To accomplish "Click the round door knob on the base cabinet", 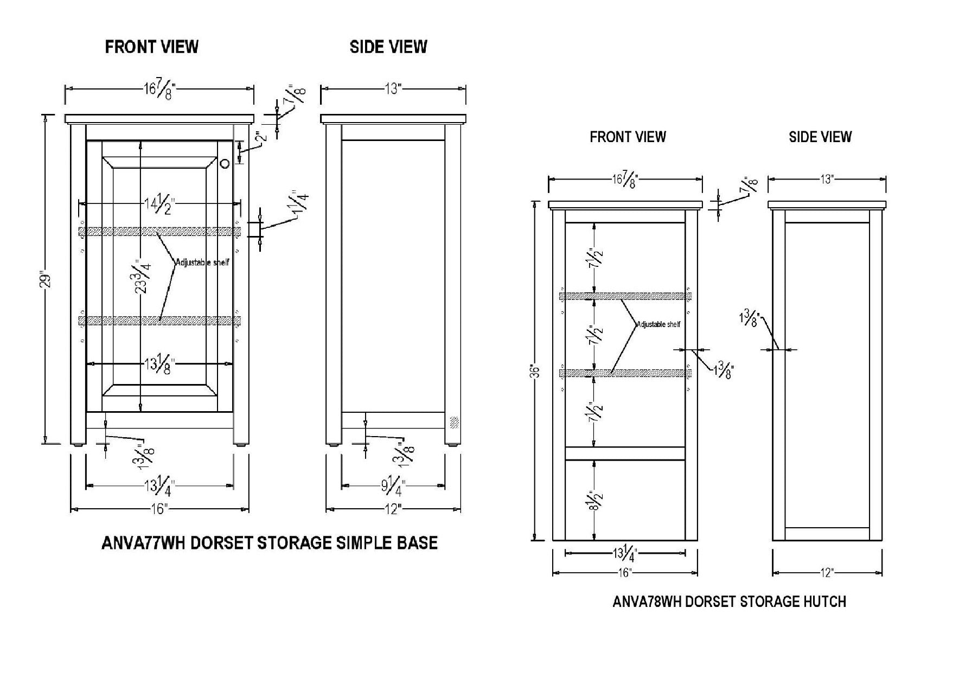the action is (226, 162).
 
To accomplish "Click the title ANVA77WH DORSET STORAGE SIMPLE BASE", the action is (270, 542).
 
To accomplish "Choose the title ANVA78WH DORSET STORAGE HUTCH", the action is (729, 602).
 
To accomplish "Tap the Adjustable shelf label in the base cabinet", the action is (202, 263).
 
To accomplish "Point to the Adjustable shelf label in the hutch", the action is (658, 324).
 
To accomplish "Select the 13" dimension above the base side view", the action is (392, 89).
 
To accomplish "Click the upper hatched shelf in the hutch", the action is (625, 296).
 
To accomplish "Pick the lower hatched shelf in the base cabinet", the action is (160, 321).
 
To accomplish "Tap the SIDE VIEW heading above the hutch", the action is (820, 137).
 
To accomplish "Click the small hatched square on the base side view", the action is (454, 421).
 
